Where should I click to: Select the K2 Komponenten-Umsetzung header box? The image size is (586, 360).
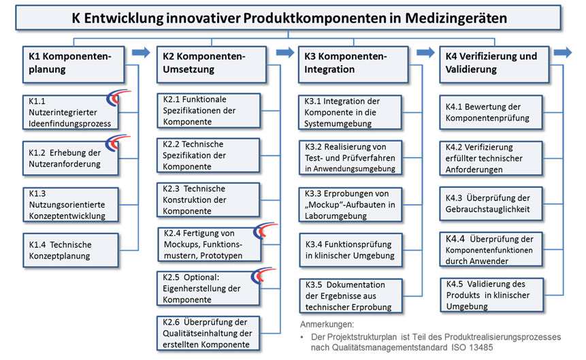coord(211,63)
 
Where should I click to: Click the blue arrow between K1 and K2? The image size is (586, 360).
coord(141,52)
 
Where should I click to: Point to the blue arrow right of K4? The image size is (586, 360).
coord(563,52)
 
